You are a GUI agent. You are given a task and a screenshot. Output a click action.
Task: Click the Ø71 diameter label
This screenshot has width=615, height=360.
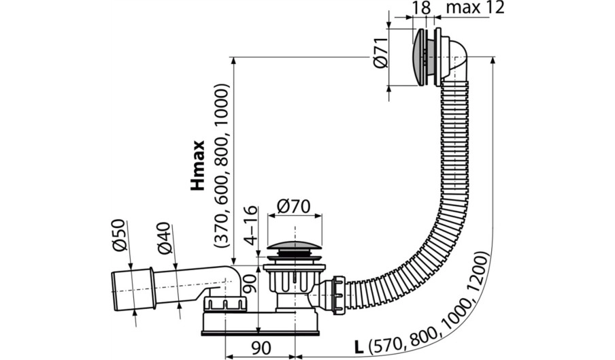pos(381,53)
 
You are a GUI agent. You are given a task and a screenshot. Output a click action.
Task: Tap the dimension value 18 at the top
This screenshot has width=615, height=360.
pos(422,7)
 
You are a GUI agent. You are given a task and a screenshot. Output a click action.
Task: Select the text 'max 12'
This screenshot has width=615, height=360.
pos(475,7)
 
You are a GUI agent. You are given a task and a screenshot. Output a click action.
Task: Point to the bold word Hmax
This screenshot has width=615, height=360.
pos(198,165)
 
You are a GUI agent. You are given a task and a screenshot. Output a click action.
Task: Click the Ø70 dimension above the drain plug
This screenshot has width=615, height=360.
pos(293,206)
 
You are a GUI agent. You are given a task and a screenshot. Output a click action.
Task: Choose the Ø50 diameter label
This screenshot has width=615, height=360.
pos(119,235)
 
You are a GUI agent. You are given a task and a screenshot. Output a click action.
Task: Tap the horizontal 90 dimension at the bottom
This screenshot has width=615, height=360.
pos(261,348)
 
